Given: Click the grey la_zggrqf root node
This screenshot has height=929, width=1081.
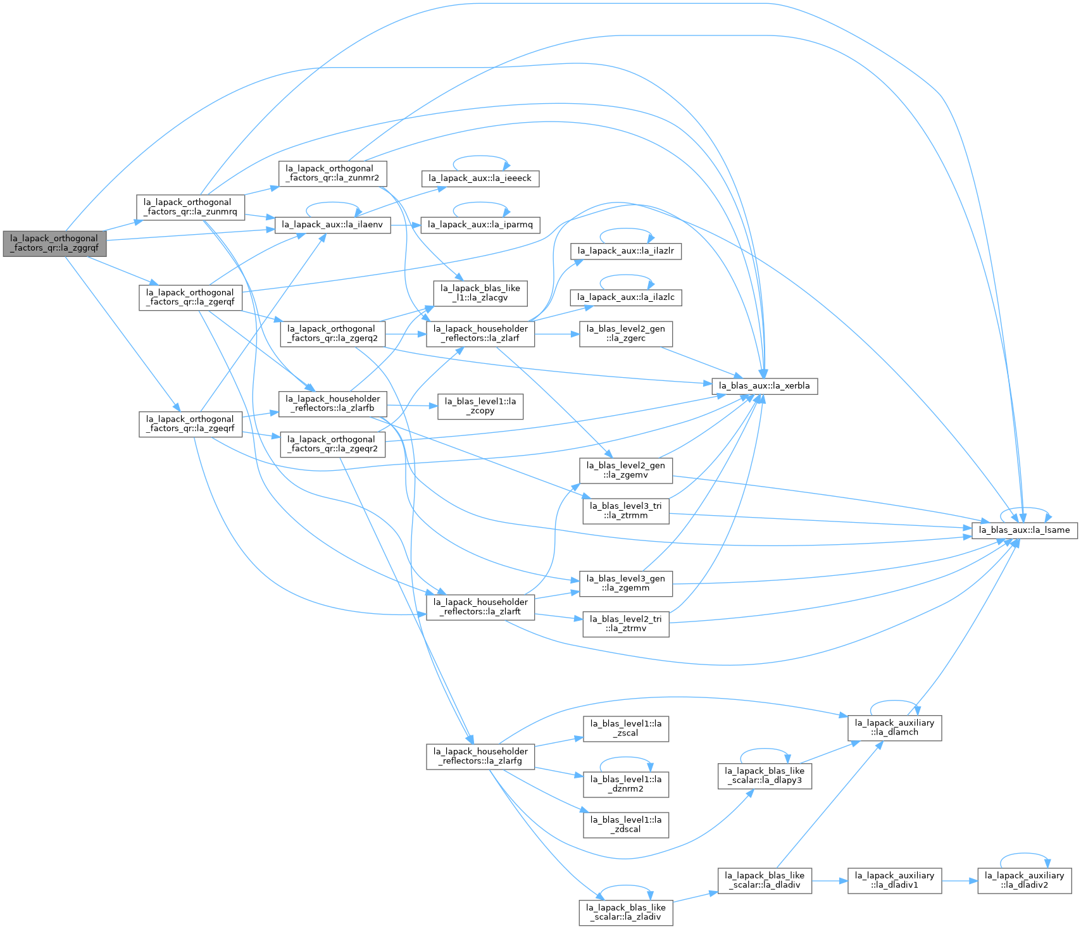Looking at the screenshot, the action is coord(54,244).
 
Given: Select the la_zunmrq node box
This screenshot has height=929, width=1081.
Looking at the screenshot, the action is coord(191,208).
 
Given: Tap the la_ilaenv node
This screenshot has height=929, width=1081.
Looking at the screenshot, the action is coord(332,225).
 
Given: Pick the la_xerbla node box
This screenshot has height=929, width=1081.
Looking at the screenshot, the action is coord(765,386).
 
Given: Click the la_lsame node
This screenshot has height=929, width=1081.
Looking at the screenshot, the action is coord(1025,530).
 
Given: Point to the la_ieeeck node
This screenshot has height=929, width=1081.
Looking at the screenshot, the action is coord(480,178).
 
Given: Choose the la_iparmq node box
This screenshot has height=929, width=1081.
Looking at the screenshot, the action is coord(480,225).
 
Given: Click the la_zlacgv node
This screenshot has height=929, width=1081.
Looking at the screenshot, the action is coord(480,293).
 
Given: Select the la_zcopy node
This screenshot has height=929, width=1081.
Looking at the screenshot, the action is coord(480,406).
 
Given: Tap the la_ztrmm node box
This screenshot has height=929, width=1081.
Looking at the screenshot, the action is coord(626,511).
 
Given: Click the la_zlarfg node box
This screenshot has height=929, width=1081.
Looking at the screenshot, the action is coord(480,756).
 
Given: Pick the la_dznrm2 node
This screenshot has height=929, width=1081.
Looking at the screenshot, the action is coord(626,784).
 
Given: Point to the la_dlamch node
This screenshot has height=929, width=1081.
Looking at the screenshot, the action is coord(895,728).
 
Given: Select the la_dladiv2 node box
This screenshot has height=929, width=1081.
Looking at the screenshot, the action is coord(1025,880).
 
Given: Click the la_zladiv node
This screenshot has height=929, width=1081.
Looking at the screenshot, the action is coord(626,913).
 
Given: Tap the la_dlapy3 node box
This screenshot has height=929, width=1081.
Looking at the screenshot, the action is coord(765,776).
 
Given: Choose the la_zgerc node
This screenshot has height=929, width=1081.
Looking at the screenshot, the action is coord(626,334).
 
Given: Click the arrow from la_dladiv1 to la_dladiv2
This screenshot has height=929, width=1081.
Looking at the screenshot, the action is coord(959,880).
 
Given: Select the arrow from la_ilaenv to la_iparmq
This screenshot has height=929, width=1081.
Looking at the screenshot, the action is coord(406,225).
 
